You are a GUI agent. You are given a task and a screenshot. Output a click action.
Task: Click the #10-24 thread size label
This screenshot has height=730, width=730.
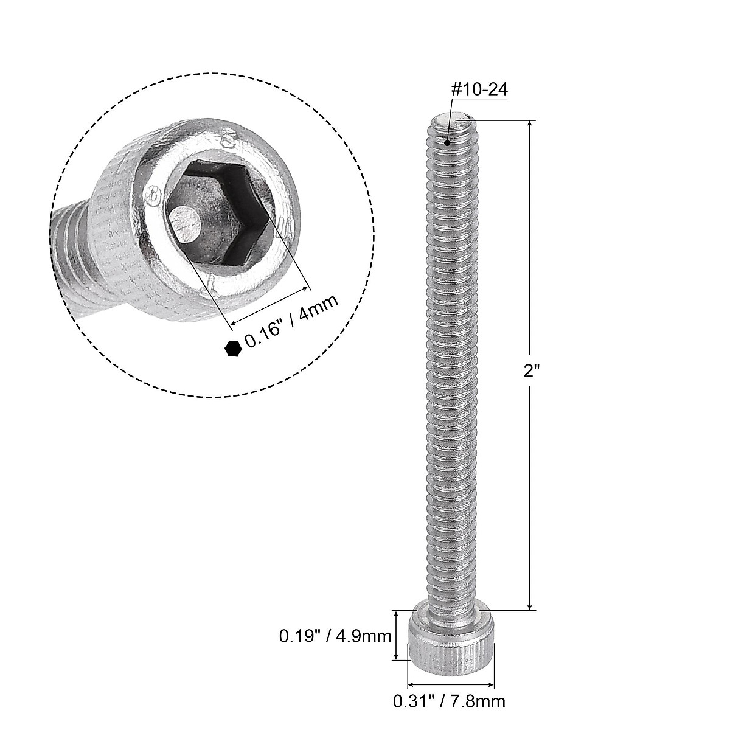478,89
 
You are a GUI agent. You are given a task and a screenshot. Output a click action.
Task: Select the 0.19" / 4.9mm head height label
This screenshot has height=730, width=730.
335,637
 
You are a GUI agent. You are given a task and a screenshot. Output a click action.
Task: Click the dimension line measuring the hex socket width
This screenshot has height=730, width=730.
268,305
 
